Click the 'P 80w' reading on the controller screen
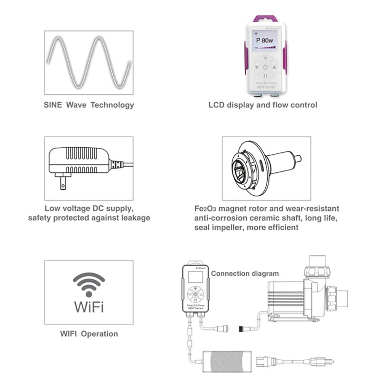(266, 40)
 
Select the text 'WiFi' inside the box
(89, 306)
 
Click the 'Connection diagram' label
(245, 273)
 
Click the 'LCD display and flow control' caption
(263, 105)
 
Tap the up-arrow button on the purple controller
(275, 67)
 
